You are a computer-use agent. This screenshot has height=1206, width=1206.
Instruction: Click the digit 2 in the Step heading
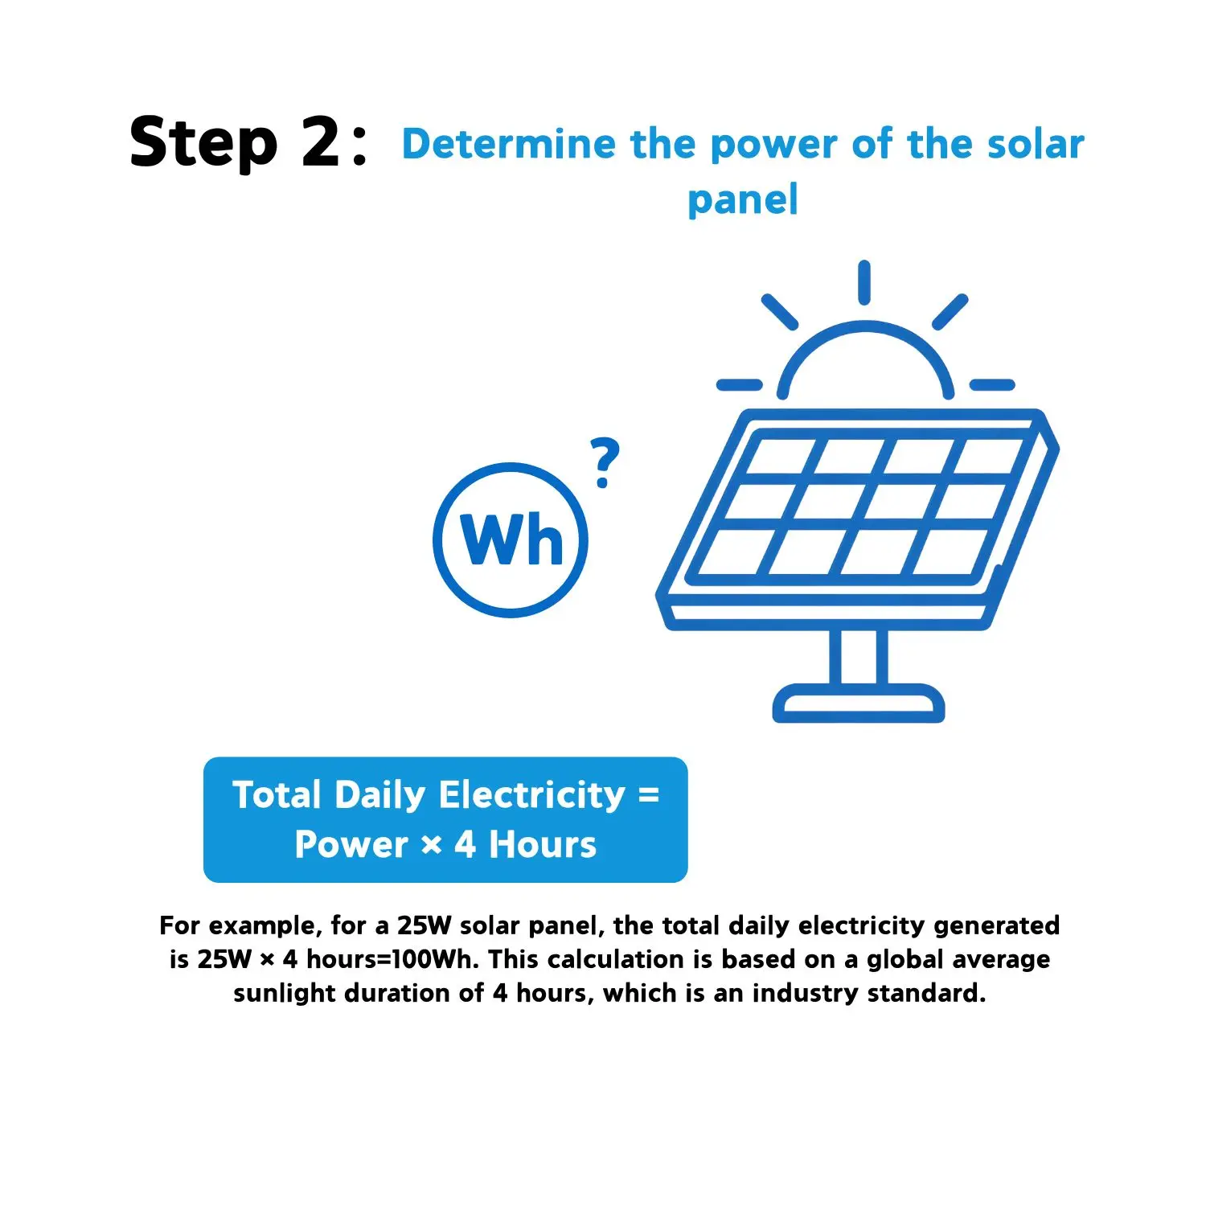pyautogui.click(x=321, y=142)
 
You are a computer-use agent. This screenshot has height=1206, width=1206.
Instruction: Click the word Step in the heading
pyautogui.click(x=203, y=143)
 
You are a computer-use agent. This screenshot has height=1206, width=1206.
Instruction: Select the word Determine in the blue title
pyautogui.click(x=509, y=144)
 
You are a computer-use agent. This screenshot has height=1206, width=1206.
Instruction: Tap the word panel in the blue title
pyautogui.click(x=743, y=199)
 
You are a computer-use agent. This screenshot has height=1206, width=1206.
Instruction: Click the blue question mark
pyautogui.click(x=605, y=462)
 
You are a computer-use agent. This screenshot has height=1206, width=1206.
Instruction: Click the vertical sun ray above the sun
pyautogui.click(x=864, y=282)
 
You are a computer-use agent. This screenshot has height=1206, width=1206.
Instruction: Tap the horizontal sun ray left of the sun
pyautogui.click(x=739, y=385)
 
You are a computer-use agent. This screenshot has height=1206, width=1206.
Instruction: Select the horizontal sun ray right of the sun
pyautogui.click(x=992, y=385)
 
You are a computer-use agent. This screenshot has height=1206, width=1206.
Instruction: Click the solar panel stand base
pyautogui.click(x=859, y=703)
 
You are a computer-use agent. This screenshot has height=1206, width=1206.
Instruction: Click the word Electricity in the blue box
pyautogui.click(x=532, y=795)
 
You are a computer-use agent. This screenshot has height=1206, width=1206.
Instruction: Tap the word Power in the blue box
pyautogui.click(x=351, y=845)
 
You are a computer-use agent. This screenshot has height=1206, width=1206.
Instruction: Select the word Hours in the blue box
pyautogui.click(x=543, y=845)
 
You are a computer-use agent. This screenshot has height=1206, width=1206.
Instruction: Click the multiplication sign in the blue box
pyautogui.click(x=432, y=846)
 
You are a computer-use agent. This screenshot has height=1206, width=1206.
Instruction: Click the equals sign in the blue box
pyautogui.click(x=649, y=796)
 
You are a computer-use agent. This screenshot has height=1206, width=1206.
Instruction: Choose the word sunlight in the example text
pyautogui.click(x=286, y=994)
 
